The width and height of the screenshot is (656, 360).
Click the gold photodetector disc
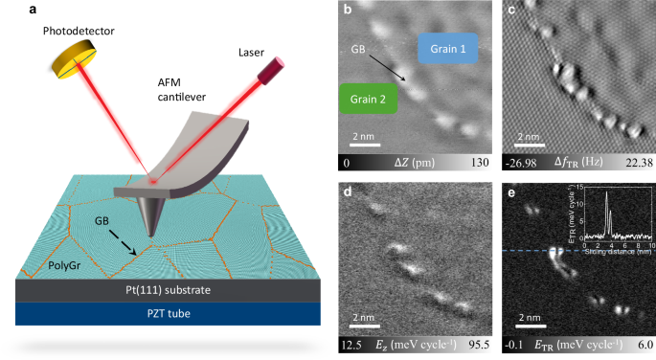point(74,58)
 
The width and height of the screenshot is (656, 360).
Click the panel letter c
point(513,11)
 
